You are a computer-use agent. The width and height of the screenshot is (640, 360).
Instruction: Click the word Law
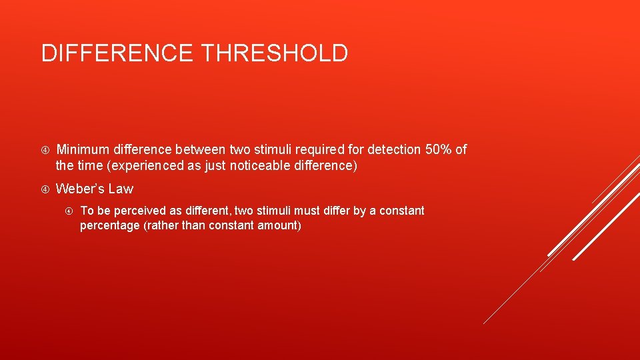121,189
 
